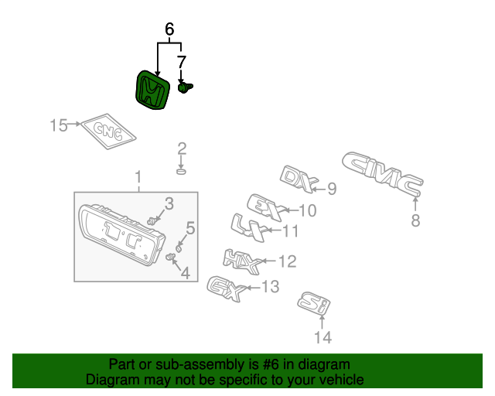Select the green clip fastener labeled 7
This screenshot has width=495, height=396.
185,87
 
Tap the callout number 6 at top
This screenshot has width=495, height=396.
169,30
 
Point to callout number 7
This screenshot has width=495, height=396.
181,62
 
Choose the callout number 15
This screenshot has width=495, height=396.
59,125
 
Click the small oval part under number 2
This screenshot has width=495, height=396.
181,170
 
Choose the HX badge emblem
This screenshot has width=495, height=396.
241,259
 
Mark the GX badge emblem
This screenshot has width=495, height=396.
227,289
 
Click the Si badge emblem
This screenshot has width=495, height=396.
313,303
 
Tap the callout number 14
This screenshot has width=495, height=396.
322,337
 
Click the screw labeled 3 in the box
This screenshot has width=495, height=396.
154,220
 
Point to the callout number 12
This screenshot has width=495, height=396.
287,261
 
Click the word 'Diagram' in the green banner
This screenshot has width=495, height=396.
110,380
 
